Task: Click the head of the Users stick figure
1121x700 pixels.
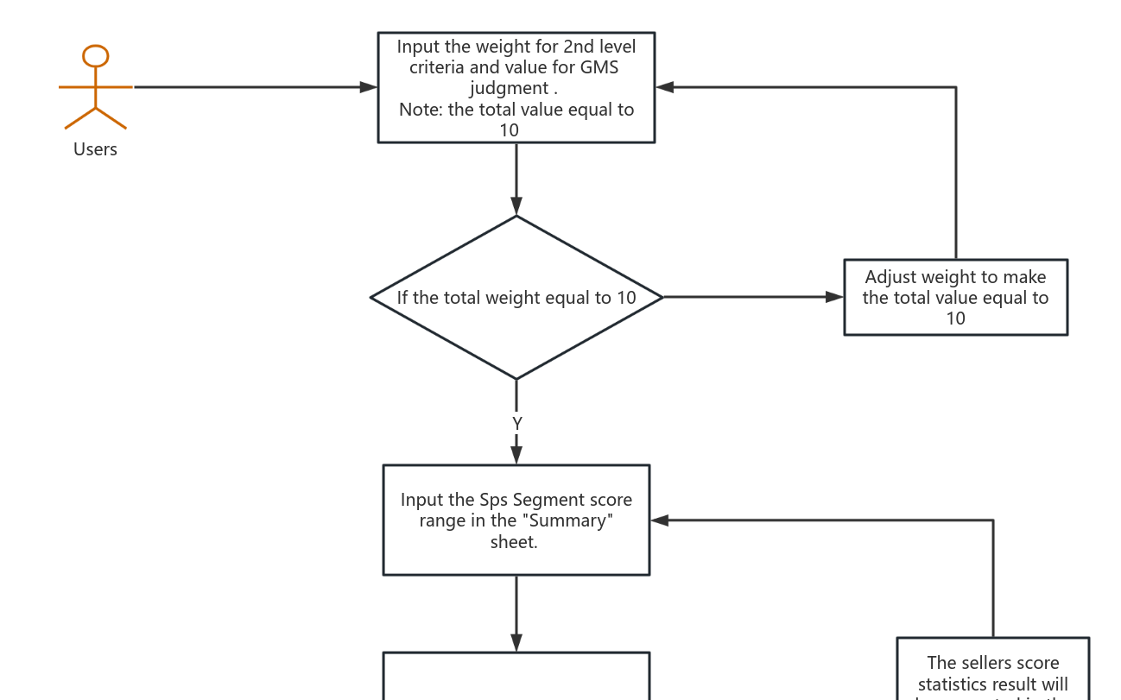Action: [x=95, y=56]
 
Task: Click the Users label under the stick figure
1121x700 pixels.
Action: [x=95, y=149]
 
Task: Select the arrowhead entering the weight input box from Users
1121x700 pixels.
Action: [x=369, y=87]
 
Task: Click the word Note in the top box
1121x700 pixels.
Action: [x=419, y=110]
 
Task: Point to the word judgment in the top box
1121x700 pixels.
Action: [x=509, y=88]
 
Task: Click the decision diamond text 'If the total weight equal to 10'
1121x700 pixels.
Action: [x=516, y=298]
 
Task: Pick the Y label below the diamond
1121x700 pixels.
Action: [x=516, y=424]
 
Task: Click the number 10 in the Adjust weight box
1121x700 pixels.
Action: [x=955, y=318]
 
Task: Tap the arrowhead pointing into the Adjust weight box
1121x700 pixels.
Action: [x=834, y=297]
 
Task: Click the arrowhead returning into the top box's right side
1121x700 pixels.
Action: [x=665, y=87]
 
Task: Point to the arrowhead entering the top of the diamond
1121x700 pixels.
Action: [x=516, y=206]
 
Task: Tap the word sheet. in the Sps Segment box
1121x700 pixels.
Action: [x=514, y=542]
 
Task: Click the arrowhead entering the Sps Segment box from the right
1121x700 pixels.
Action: [x=660, y=520]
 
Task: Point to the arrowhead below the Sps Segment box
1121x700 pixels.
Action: [x=516, y=643]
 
